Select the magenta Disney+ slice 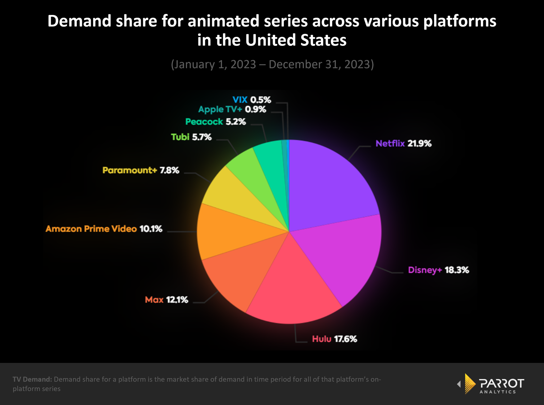(x=343, y=258)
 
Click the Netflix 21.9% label (x=403, y=143)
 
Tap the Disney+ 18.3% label (x=438, y=270)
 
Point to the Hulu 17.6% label (x=334, y=339)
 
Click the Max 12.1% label (x=166, y=300)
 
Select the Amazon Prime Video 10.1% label (x=104, y=229)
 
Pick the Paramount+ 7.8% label (x=140, y=170)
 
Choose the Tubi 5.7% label (x=191, y=137)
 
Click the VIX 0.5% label (x=252, y=100)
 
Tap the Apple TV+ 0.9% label (x=232, y=109)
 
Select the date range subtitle (x=272, y=64)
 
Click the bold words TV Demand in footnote (x=32, y=379)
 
